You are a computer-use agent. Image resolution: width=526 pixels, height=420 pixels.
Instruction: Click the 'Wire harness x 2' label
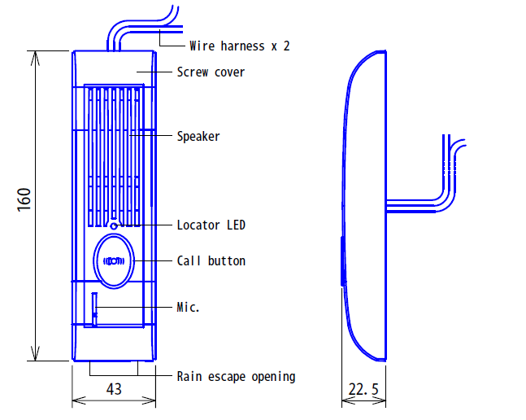tap(240, 46)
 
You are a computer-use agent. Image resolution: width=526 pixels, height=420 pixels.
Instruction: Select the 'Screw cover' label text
tap(211, 72)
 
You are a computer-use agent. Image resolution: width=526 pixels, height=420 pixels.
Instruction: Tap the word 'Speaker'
tap(198, 136)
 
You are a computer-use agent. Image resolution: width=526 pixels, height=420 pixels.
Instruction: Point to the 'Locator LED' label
tap(211, 225)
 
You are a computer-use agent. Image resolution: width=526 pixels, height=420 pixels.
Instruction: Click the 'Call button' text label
tap(211, 260)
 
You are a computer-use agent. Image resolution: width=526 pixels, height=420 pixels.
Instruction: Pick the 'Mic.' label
tap(188, 307)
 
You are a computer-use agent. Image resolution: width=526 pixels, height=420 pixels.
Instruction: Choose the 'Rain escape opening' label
tap(236, 376)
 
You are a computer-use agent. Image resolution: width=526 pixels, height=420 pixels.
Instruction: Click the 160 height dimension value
tap(24, 199)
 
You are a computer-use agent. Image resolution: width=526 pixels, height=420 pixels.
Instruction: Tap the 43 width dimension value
tap(114, 389)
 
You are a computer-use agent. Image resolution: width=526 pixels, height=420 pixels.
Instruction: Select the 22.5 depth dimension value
tap(363, 389)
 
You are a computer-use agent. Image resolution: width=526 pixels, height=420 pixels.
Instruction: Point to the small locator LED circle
tap(114, 226)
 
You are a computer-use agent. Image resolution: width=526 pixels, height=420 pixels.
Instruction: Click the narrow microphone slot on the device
tap(94, 309)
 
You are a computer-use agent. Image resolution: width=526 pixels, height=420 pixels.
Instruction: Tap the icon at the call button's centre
tap(114, 260)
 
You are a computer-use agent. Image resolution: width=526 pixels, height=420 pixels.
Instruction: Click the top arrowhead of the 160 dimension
tap(35, 58)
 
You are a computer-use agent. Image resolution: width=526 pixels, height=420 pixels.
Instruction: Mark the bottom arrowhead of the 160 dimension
tap(35, 354)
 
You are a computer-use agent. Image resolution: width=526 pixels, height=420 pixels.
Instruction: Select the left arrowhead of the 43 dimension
tap(79, 400)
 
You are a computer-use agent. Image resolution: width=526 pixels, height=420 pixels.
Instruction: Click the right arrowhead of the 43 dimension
tap(149, 400)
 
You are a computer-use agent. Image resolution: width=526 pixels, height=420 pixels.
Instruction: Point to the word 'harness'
tap(242, 46)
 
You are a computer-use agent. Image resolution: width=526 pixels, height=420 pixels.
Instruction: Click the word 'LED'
tap(236, 225)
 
